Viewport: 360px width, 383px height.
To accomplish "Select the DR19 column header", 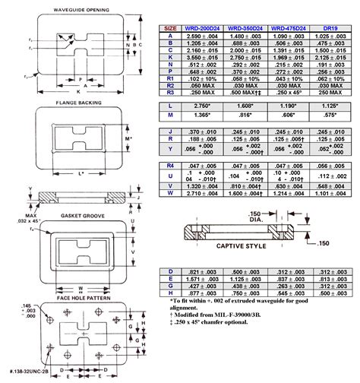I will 332,29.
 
